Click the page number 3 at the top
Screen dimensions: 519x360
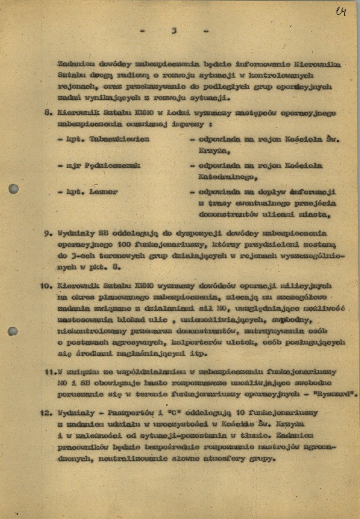tap(174, 31)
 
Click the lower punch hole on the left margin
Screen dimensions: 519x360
tap(13, 331)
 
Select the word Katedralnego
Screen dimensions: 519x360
tap(227, 177)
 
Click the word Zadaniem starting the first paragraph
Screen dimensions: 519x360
tap(76, 64)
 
